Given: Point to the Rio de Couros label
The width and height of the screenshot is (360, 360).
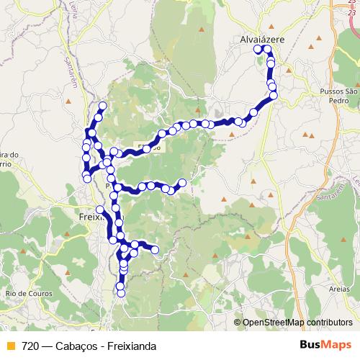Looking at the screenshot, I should click(24, 293).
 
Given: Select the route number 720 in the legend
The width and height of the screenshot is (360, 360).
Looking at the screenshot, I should click(30, 346).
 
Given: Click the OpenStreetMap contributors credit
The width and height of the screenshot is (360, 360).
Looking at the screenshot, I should click(297, 323).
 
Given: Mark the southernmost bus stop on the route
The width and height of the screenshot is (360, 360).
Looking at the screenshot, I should click(120, 293).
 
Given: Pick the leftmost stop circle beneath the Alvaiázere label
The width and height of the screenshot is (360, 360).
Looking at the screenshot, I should click(258, 49).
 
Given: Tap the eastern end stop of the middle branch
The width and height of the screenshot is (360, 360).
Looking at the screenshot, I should click(182, 183).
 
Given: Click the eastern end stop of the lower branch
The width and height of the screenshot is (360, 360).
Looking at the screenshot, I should click(155, 250).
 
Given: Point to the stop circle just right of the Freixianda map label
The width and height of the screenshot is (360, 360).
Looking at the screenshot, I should click(100, 210).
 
